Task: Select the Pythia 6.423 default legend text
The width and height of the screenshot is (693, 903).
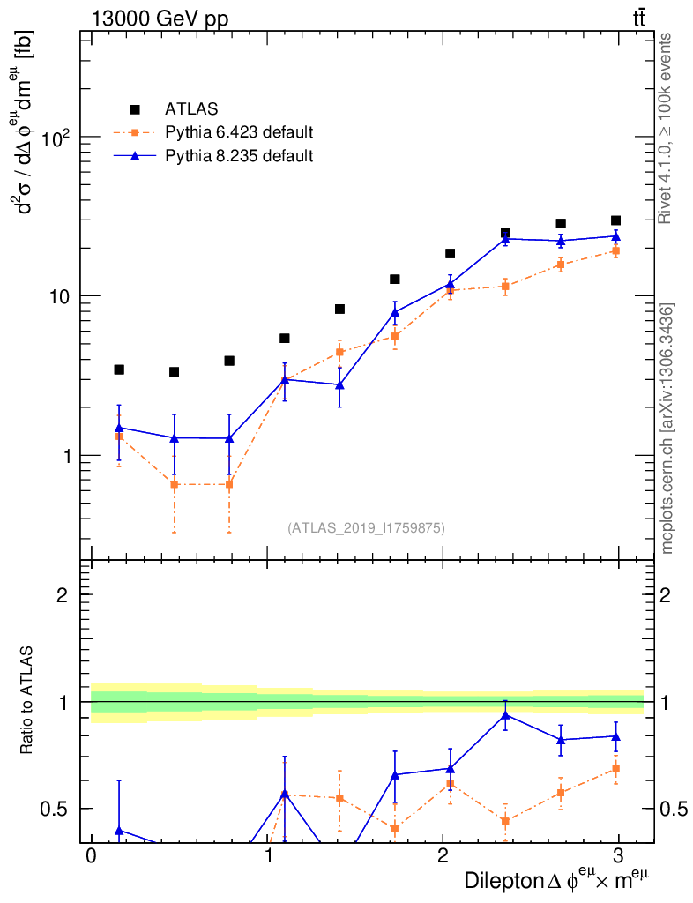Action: [x=239, y=133]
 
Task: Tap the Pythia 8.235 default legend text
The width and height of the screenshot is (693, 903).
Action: [x=239, y=156]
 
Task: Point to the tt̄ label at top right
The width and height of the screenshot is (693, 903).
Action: [x=638, y=18]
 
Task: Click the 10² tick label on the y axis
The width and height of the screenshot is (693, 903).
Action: [x=60, y=138]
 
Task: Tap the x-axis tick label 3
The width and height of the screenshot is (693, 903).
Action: [x=619, y=857]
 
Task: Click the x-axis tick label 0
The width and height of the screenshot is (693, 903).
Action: [x=91, y=857]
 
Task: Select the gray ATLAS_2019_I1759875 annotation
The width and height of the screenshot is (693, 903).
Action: [x=366, y=528]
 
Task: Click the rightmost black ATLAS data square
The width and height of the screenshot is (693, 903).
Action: [x=615, y=220]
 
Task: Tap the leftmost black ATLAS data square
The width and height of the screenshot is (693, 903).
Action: [x=119, y=369]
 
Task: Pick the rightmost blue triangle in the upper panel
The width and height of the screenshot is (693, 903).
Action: [x=615, y=236]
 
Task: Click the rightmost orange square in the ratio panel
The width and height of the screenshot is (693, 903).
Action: [x=615, y=769]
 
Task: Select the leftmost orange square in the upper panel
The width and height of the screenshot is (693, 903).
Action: [x=119, y=437]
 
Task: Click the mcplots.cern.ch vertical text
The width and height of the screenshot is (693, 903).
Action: [x=667, y=429]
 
